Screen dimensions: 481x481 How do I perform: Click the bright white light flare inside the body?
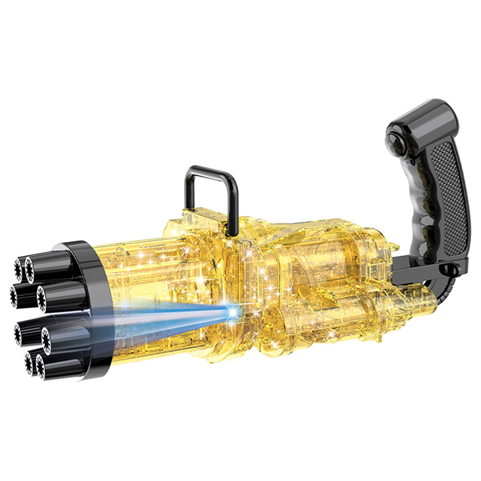pos(233,313)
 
